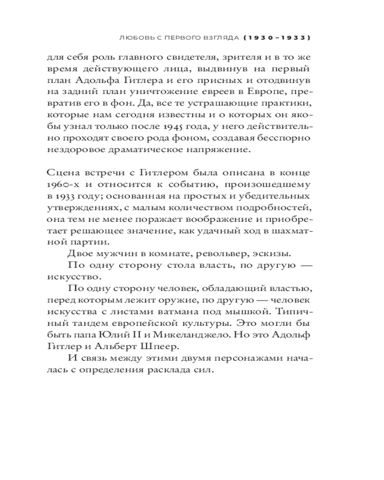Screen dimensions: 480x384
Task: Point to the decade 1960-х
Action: tap(60, 184)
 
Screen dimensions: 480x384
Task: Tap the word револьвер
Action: tap(208, 253)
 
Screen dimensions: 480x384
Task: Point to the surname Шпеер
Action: tap(160, 346)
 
